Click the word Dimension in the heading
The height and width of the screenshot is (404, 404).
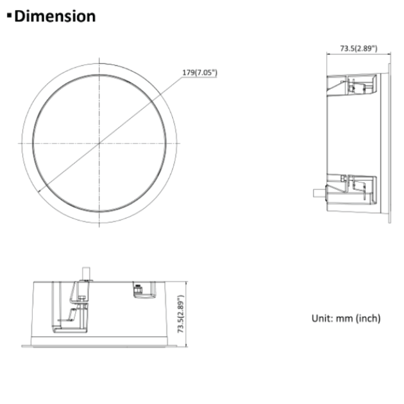[x=55, y=16]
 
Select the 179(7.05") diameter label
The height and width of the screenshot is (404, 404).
[x=199, y=73]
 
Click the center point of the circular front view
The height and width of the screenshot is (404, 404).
[x=100, y=143]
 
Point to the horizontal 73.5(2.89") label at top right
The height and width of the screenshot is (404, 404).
[x=359, y=48]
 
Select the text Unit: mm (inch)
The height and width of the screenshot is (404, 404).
[x=346, y=318]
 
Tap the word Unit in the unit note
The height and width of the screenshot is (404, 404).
[x=321, y=318]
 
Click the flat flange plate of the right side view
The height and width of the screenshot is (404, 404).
[x=386, y=143]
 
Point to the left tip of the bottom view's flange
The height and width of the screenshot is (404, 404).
[x=22, y=345]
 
